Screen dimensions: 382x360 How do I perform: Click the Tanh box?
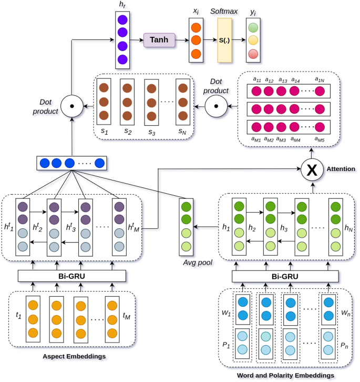tap(159, 39)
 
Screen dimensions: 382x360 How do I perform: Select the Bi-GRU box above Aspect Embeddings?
tap(72, 276)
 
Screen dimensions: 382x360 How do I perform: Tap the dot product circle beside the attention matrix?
tap(215, 107)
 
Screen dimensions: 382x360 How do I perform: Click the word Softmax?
tap(224, 11)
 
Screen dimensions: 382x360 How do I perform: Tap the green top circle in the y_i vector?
tap(253, 27)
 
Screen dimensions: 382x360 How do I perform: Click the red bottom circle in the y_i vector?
tap(253, 54)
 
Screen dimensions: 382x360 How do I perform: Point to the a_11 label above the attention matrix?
tap(257, 79)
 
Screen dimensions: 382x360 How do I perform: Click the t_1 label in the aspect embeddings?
tap(18, 317)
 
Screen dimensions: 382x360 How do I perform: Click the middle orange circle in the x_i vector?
tap(195, 39)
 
